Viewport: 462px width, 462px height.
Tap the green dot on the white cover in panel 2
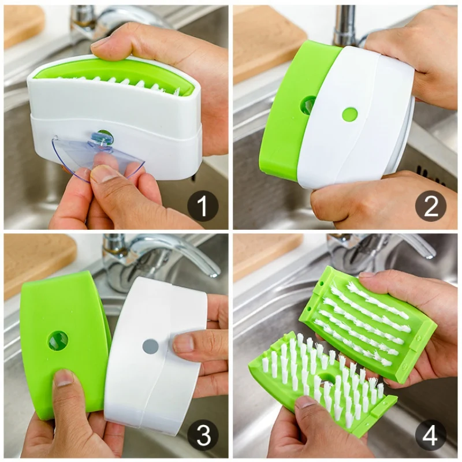click(x=349, y=114)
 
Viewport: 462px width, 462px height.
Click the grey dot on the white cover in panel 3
click(x=150, y=346)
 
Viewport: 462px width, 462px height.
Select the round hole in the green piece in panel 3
click(x=58, y=341)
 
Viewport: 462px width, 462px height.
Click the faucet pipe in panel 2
click(x=345, y=26)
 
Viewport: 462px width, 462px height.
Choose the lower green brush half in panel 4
click(x=318, y=381)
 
